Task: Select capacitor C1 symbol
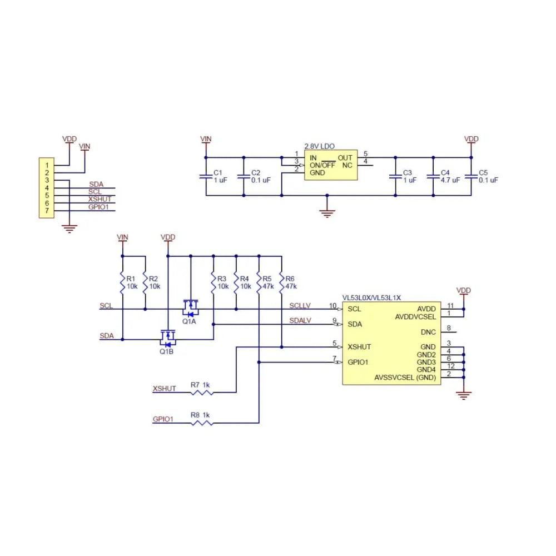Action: pyautogui.click(x=206, y=176)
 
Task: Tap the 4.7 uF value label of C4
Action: pyautogui.click(x=450, y=180)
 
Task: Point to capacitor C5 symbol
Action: pyautogui.click(x=471, y=176)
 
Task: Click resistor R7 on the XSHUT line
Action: pyautogui.click(x=202, y=393)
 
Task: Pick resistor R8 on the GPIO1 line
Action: pyautogui.click(x=202, y=423)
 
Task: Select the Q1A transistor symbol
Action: pyautogui.click(x=191, y=306)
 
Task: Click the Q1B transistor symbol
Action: pyautogui.click(x=167, y=336)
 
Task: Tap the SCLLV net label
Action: pyautogui.click(x=300, y=306)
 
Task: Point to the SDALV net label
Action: pyautogui.click(x=300, y=321)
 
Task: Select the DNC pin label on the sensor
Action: pyautogui.click(x=428, y=332)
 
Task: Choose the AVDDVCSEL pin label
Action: pyautogui.click(x=415, y=316)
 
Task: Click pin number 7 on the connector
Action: pyautogui.click(x=47, y=211)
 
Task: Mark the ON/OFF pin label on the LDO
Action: pyautogui.click(x=322, y=165)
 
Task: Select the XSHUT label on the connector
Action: pyautogui.click(x=100, y=199)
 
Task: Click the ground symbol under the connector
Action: pyautogui.click(x=69, y=227)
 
